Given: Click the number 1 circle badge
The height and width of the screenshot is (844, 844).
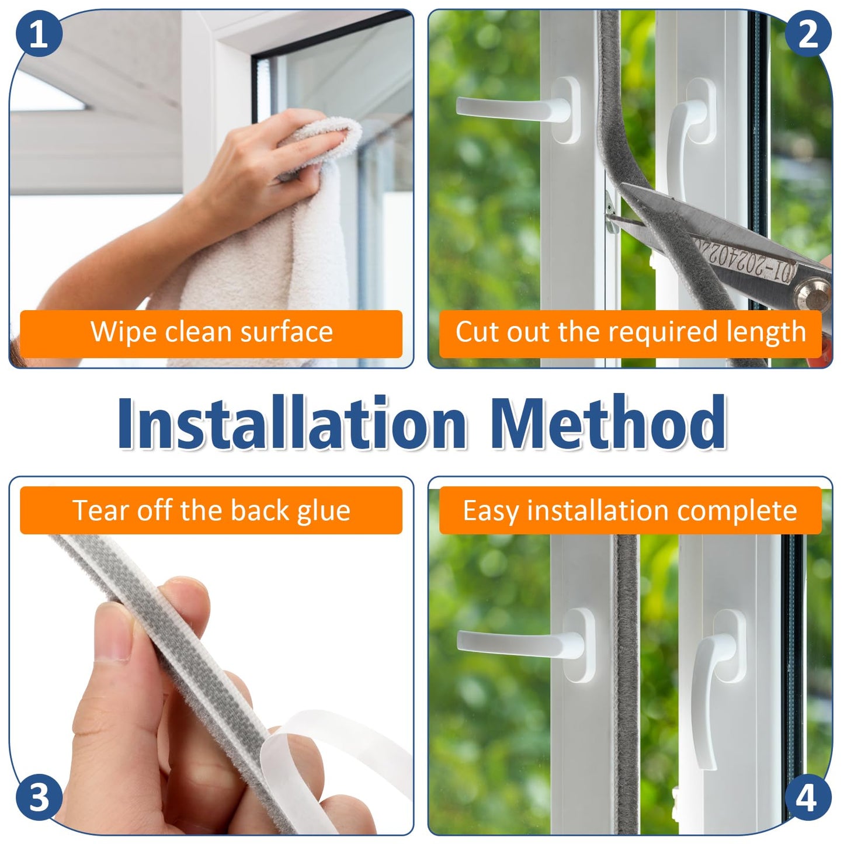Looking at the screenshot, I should click(38, 33).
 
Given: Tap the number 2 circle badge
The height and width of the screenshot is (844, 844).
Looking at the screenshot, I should click(808, 33).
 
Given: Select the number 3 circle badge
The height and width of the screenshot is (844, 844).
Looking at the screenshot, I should click(38, 798).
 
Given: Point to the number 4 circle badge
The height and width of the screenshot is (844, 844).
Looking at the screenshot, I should click(807, 798).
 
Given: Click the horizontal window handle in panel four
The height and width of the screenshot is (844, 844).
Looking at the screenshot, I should click(520, 642).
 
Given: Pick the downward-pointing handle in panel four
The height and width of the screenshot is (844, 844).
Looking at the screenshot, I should click(710, 689).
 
